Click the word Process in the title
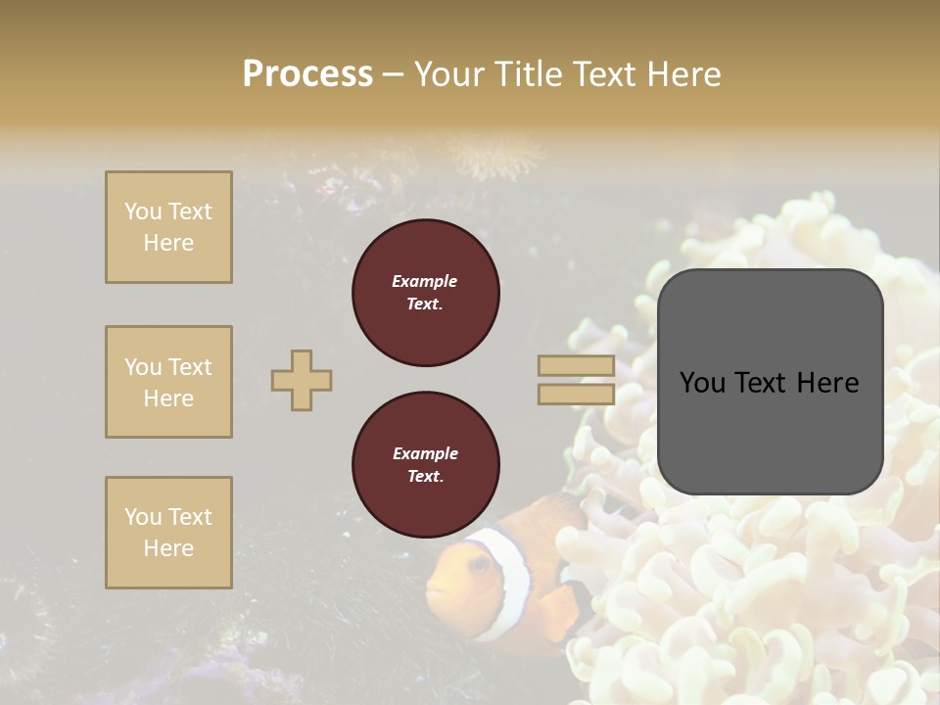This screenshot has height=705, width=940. pyautogui.click(x=307, y=74)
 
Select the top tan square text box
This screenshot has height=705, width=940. pyautogui.click(x=168, y=227)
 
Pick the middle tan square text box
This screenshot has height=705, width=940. pyautogui.click(x=168, y=382)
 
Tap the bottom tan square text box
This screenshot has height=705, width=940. pyautogui.click(x=168, y=533)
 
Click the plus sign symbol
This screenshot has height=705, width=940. pyautogui.click(x=302, y=380)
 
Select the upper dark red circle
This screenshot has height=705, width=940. pyautogui.click(x=425, y=293)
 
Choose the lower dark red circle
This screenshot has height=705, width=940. pyautogui.click(x=425, y=465)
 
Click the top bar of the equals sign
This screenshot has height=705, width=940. pyautogui.click(x=576, y=366)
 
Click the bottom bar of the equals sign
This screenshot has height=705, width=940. pyautogui.click(x=576, y=394)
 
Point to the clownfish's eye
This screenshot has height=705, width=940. pyautogui.click(x=479, y=564)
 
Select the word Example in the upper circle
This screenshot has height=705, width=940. pyautogui.click(x=425, y=281)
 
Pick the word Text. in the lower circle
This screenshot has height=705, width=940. pyautogui.click(x=425, y=477)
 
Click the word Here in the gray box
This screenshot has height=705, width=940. pyautogui.click(x=826, y=383)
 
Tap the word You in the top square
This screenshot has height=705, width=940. pyautogui.click(x=143, y=211)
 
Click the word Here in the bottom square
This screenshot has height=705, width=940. pyautogui.click(x=168, y=548)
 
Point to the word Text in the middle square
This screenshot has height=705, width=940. pyautogui.click(x=190, y=367)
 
